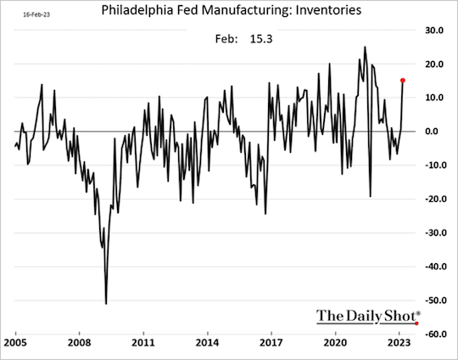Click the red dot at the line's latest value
click(x=402, y=81)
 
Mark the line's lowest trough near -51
click(x=106, y=303)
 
